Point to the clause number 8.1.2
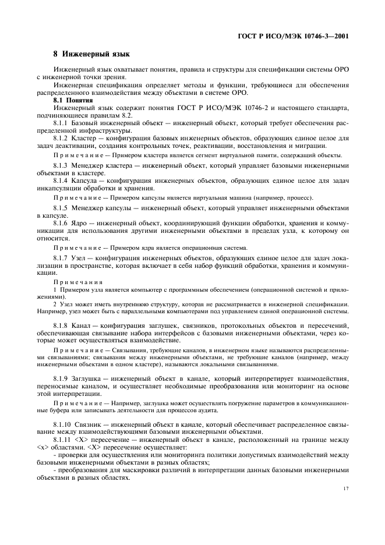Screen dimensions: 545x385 (62, 138)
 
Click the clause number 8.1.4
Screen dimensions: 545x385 (62, 181)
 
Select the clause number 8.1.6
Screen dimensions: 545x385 (62, 224)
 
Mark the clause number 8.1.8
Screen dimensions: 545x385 (62, 325)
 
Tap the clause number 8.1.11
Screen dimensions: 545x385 (64, 440)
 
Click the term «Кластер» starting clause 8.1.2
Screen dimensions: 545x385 (89, 138)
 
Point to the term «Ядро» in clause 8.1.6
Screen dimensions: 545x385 (84, 224)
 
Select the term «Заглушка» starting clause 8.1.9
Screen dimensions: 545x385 (91, 378)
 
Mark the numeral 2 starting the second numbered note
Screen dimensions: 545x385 (55, 304)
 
